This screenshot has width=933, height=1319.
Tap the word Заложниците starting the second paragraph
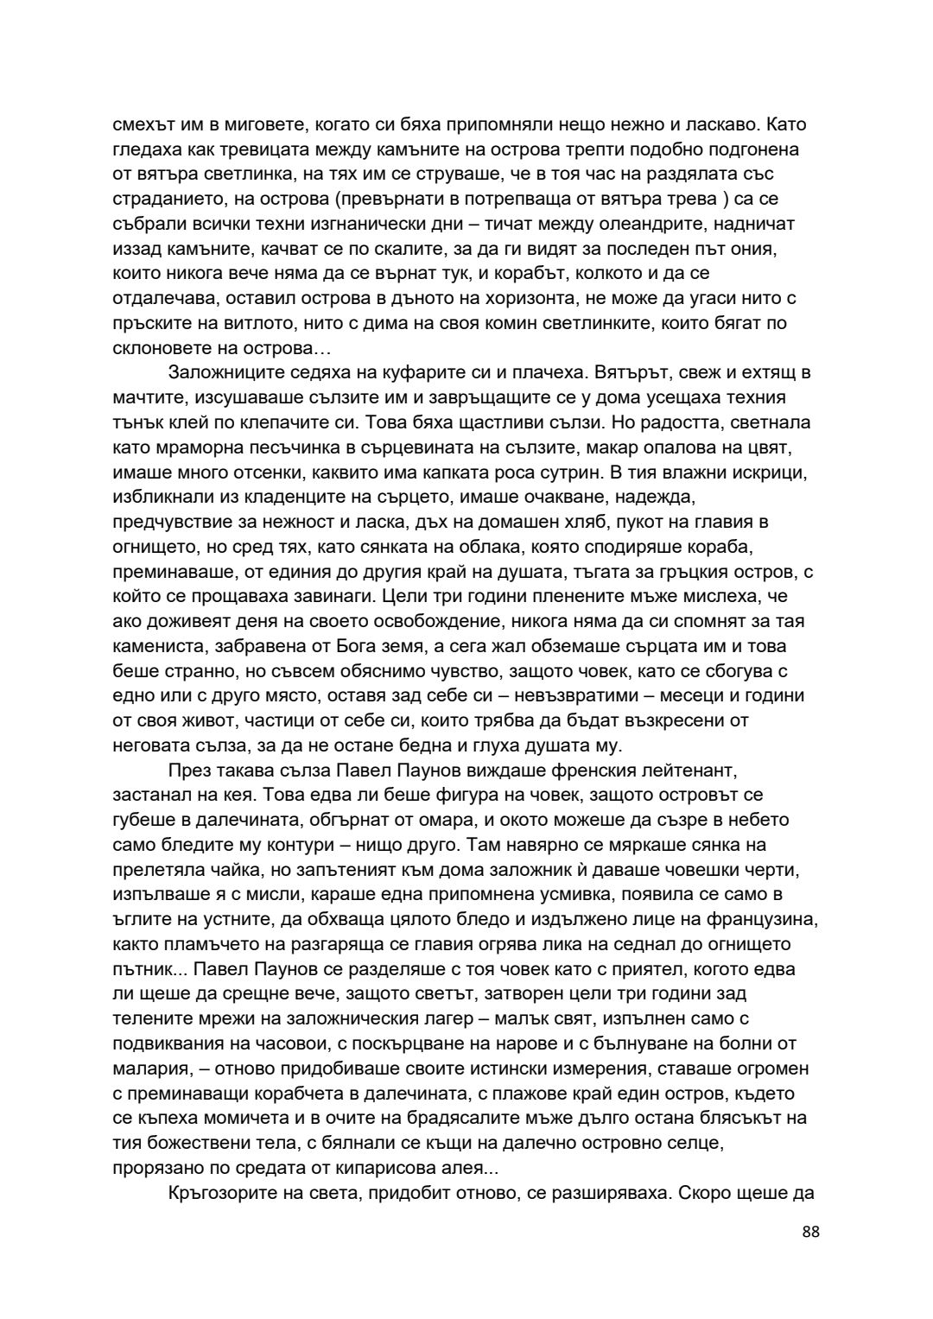pos(221,373)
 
